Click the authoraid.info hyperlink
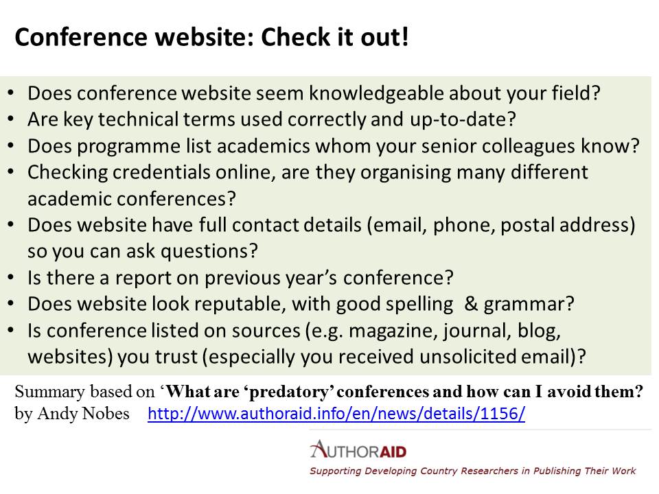[336, 414]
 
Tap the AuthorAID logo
[358, 450]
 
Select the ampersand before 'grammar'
[471, 304]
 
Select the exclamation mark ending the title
[405, 36]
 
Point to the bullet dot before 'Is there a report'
[11, 278]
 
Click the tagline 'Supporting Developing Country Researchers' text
[413, 471]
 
